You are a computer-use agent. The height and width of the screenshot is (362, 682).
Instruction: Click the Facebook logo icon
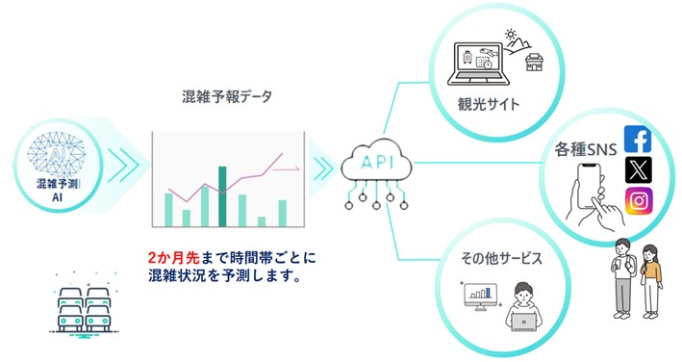coord(638,140)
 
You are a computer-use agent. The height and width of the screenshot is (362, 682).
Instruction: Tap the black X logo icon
coord(639,169)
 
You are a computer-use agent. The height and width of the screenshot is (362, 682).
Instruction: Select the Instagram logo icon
coord(639,200)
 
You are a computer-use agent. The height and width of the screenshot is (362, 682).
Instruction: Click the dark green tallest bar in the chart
coord(222,196)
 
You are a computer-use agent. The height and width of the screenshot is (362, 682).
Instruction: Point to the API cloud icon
coord(377,161)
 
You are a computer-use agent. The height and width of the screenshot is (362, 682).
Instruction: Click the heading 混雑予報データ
coord(227,96)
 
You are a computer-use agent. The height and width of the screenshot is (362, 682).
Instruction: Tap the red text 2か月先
coord(173,258)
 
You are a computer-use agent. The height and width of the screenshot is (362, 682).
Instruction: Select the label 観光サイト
coord(489,104)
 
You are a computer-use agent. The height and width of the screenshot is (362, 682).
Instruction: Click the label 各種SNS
coord(586,149)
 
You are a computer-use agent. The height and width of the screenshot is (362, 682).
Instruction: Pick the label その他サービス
coord(501,258)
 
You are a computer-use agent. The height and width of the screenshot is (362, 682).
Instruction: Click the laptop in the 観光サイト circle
coord(478,64)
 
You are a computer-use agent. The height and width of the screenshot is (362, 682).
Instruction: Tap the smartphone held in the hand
coord(591,186)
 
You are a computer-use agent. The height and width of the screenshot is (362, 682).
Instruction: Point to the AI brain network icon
coord(57,154)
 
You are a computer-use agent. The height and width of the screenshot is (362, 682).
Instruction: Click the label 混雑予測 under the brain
coord(57,184)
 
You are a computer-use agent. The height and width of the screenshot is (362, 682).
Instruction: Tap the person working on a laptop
coord(523,307)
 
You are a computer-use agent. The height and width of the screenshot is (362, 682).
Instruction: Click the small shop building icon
coord(534,63)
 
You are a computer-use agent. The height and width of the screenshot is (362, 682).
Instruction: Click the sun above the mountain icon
coord(511,35)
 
